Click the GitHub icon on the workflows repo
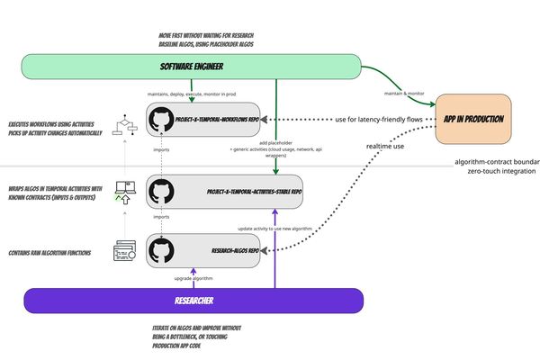(163, 119)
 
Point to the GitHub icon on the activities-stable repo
(163, 191)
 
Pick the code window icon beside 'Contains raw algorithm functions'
(124, 250)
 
